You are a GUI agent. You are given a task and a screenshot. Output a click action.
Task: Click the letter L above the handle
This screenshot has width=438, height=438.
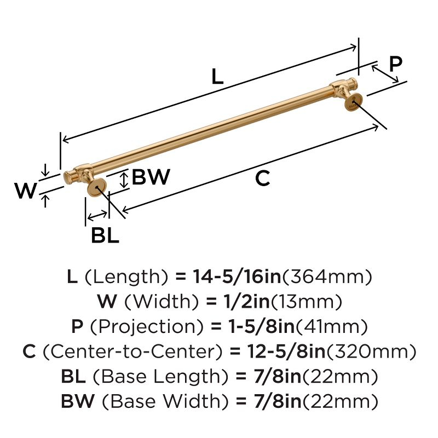[x=217, y=77]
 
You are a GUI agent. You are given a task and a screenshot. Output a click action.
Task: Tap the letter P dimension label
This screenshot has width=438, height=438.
[x=395, y=64]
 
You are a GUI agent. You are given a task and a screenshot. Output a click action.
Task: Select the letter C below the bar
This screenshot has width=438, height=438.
[x=263, y=178]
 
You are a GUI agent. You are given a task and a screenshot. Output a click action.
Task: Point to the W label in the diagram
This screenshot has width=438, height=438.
[x=25, y=191]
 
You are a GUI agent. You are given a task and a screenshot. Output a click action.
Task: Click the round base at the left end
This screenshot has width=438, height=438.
[x=96, y=188]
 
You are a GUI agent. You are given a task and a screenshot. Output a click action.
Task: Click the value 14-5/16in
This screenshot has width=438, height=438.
[x=237, y=277]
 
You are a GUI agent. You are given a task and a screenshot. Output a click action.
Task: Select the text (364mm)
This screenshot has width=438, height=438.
[x=327, y=277]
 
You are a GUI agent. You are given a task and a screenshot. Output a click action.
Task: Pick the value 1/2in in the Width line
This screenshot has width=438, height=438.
[x=249, y=302]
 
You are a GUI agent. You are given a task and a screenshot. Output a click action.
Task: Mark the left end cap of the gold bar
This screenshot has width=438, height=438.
[x=69, y=176]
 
